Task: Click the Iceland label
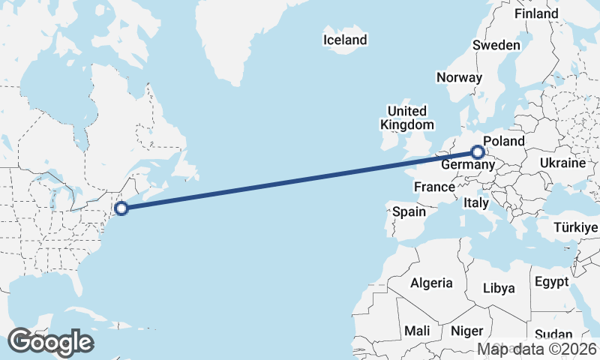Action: coord(345,40)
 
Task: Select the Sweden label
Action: coord(496,46)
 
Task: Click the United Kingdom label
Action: coord(407,118)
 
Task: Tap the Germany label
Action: coord(466,164)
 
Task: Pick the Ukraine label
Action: coord(562,163)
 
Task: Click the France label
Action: coord(434,187)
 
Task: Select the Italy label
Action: coord(475,202)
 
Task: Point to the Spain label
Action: coord(409,212)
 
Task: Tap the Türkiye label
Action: coord(574,227)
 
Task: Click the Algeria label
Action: coord(431,283)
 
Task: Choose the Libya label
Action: coord(499,288)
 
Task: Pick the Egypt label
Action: coord(552,283)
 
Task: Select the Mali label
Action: coord(417,331)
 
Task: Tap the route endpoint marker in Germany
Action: coord(477,152)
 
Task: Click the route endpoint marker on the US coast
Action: coord(121,208)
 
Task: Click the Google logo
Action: coord(50,342)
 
